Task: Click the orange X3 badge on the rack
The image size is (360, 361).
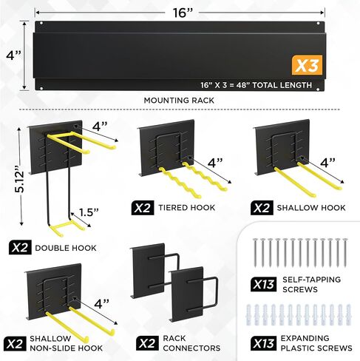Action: (x=307, y=65)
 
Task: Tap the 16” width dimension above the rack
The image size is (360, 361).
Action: (x=182, y=13)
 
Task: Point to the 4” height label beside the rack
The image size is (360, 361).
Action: (x=13, y=55)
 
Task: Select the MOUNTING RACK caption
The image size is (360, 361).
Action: (x=179, y=101)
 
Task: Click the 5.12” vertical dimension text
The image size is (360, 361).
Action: (x=19, y=179)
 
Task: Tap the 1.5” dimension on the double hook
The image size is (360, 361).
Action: (x=89, y=212)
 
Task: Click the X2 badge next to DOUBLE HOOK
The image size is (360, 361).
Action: (x=20, y=247)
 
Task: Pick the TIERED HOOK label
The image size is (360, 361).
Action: (x=187, y=208)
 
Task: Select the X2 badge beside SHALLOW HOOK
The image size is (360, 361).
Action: (x=262, y=208)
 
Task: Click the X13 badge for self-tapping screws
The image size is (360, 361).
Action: (x=263, y=284)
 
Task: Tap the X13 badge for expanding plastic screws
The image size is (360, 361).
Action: (x=263, y=343)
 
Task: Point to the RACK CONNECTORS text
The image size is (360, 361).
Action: (x=191, y=343)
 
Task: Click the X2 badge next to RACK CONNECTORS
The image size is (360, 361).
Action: (x=147, y=343)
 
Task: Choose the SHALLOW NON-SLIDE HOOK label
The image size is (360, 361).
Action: (x=66, y=343)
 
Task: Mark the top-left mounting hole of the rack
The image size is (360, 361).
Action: (x=41, y=24)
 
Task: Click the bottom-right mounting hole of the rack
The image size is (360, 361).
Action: (x=318, y=89)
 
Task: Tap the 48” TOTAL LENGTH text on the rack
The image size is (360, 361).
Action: (x=274, y=85)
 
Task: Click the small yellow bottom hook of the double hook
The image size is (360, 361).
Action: (x=67, y=228)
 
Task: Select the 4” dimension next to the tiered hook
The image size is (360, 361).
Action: (x=215, y=163)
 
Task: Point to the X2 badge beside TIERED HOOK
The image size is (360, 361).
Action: (x=143, y=208)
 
